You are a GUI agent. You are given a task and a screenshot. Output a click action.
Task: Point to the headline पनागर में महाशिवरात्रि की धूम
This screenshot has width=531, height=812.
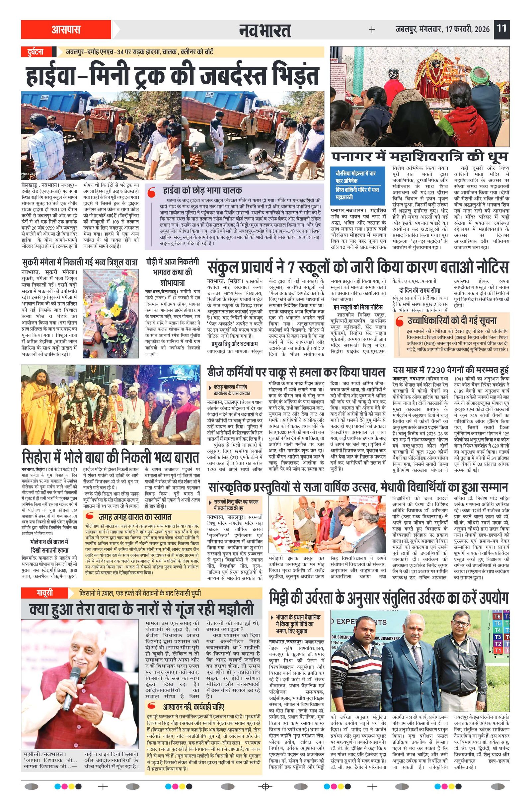tap(419, 157)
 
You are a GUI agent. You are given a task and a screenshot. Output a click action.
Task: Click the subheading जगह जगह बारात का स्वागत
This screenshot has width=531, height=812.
tap(135, 517)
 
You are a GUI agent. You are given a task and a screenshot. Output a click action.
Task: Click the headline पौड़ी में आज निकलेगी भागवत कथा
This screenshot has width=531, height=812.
tap(172, 272)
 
